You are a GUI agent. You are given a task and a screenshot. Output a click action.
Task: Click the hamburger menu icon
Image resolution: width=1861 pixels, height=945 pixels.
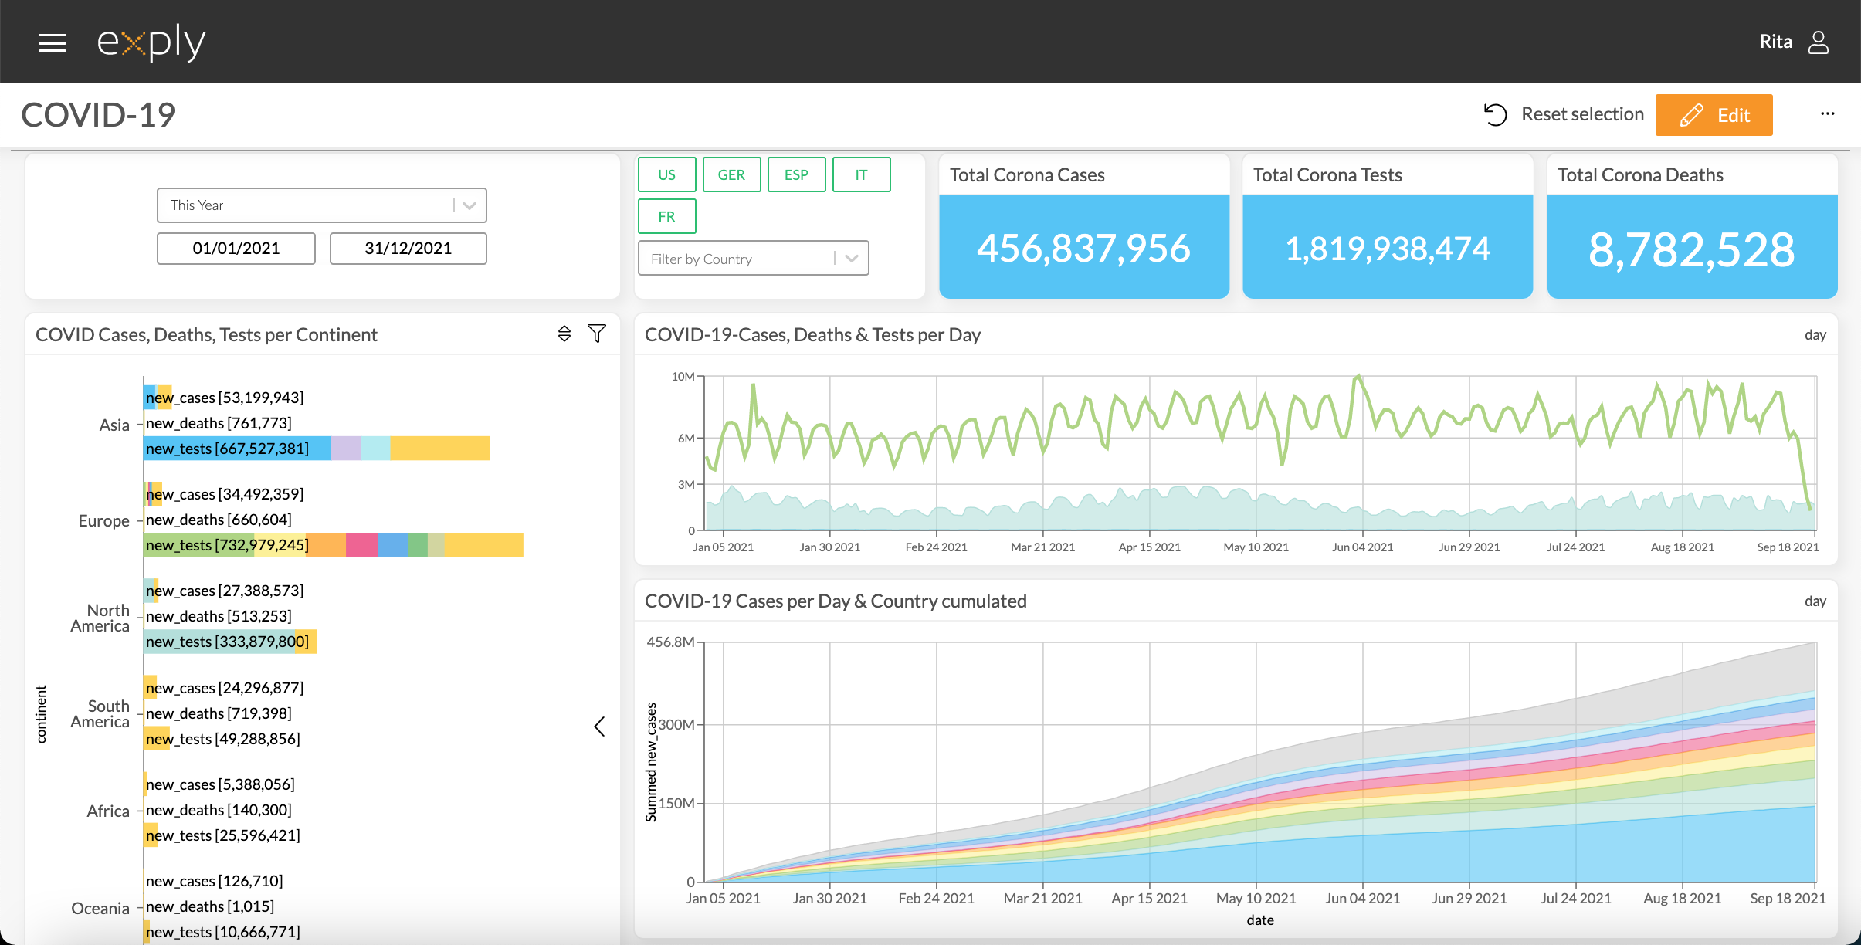pos(53,43)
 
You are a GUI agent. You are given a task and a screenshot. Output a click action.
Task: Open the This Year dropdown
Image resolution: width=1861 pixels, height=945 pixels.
pos(321,205)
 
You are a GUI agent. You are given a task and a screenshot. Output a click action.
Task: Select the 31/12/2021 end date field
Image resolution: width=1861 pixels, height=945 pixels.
pos(408,249)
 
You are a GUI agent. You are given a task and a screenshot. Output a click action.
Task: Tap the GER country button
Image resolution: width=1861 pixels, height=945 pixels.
pos(731,174)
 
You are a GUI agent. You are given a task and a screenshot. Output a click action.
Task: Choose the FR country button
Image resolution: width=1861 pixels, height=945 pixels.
pos(666,216)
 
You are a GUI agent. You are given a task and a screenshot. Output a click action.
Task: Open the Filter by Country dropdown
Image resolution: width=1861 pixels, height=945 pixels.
pos(753,259)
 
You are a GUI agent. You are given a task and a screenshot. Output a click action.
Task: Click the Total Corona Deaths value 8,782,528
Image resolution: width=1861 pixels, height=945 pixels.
pos(1691,249)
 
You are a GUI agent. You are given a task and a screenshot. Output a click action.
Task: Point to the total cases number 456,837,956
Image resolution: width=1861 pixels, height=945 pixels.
pos(1083,249)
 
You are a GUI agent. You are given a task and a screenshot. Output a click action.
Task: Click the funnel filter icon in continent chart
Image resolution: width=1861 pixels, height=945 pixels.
pos(596,334)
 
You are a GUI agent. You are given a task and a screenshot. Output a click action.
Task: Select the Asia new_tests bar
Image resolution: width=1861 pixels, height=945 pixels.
pos(317,449)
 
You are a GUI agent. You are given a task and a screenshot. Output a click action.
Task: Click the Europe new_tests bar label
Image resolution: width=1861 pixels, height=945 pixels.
pos(227,545)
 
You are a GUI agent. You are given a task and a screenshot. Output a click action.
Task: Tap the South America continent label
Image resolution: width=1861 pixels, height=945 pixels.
pos(100,714)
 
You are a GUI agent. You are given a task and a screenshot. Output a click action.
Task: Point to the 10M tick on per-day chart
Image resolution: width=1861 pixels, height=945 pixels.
pos(683,377)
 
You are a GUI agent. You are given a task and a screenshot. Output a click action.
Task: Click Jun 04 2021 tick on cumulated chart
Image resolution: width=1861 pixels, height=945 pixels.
pos(1362,898)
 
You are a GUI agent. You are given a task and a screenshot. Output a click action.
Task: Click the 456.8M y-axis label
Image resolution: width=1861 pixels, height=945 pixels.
pos(670,642)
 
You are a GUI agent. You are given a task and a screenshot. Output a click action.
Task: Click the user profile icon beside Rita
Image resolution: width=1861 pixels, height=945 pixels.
pos(1819,42)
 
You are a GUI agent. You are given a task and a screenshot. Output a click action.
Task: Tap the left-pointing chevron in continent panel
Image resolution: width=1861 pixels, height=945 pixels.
pos(599,726)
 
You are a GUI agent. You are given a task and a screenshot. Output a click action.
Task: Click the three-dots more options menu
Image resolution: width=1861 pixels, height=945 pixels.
pos(1827,114)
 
